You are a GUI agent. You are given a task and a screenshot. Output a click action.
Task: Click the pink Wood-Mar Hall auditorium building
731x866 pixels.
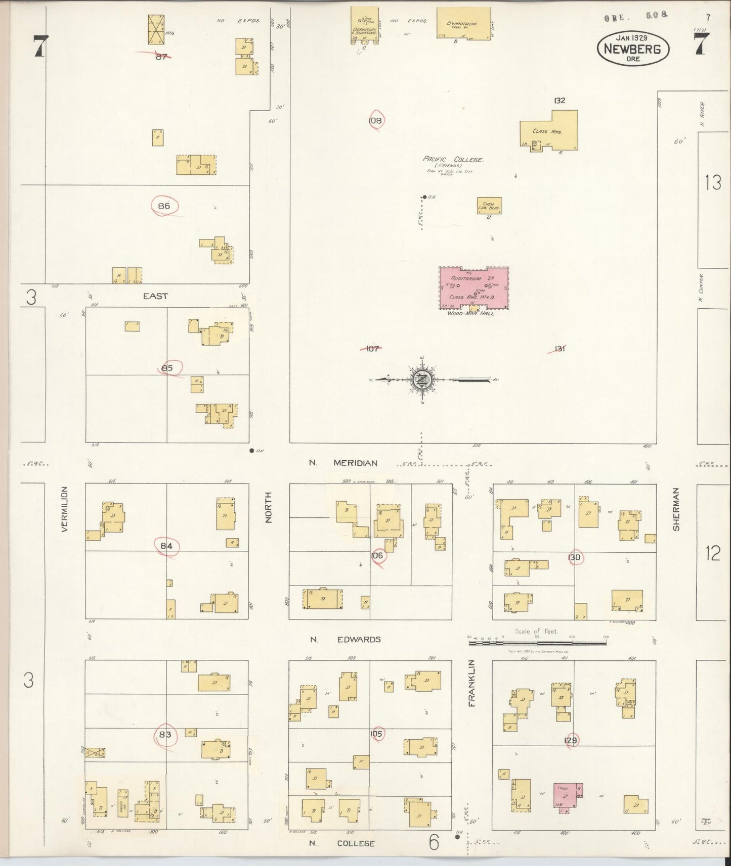[x=474, y=288]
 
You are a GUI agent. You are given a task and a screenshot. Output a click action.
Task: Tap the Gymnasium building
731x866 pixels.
[x=464, y=23]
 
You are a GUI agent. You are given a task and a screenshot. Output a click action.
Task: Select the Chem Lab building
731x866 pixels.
[x=489, y=206]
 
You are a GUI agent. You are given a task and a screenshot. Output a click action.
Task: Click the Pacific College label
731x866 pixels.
[x=453, y=160]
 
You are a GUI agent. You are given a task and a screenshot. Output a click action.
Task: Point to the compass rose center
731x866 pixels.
[x=422, y=379]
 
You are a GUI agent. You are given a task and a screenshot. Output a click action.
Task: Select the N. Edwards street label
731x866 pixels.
[x=346, y=639]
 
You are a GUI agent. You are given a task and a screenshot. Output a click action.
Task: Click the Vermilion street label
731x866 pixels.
[x=64, y=509]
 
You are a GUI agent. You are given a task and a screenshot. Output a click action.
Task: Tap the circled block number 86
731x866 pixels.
[x=164, y=206]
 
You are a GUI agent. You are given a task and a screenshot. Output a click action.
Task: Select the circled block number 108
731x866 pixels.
[x=375, y=121]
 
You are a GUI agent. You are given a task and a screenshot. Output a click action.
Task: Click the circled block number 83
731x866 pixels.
[x=165, y=735]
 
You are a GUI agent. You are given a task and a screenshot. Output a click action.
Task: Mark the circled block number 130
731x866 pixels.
[x=575, y=557]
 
